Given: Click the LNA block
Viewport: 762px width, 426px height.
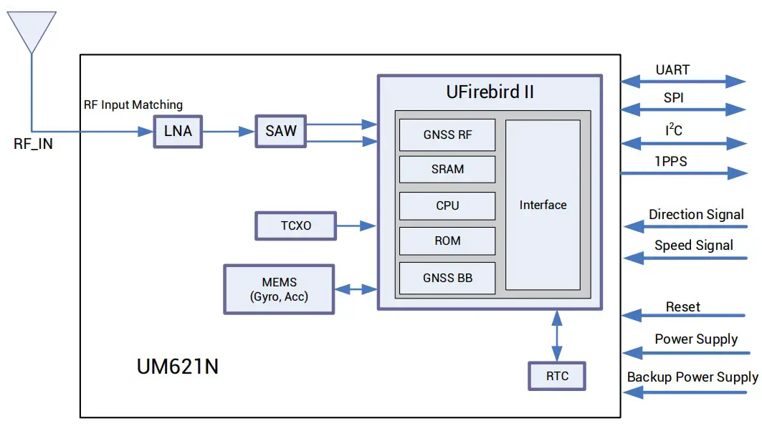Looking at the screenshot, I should coord(178,132).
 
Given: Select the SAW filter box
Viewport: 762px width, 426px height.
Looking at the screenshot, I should coord(280,132).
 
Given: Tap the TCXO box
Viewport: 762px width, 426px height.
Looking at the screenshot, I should coord(295,226).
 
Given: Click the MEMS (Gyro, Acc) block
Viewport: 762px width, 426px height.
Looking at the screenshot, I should coord(279,289).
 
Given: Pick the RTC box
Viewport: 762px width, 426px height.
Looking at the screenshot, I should coord(557,376).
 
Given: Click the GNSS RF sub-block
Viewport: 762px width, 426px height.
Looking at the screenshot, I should coord(447,135).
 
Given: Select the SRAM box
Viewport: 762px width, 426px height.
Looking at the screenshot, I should coord(447,170).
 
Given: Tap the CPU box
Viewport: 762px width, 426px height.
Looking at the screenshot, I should coord(447,205).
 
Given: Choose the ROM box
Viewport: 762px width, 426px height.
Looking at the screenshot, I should coord(447,241).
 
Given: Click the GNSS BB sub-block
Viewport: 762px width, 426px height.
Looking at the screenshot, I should coord(447,278).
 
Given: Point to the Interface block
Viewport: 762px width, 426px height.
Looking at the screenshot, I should coord(543,205).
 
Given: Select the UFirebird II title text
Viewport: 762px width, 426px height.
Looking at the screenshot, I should coord(490,92).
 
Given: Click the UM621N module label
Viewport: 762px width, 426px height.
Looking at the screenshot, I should coord(177,367).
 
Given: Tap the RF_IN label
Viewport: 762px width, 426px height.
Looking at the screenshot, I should coord(33,144).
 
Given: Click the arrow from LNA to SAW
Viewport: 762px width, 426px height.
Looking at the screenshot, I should coord(229,132).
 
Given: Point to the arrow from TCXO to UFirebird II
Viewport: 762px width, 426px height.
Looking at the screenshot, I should coord(356,226).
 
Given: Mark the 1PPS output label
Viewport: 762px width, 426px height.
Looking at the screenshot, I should coord(670,162).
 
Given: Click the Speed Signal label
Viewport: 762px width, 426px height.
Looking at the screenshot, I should coord(693,246).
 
